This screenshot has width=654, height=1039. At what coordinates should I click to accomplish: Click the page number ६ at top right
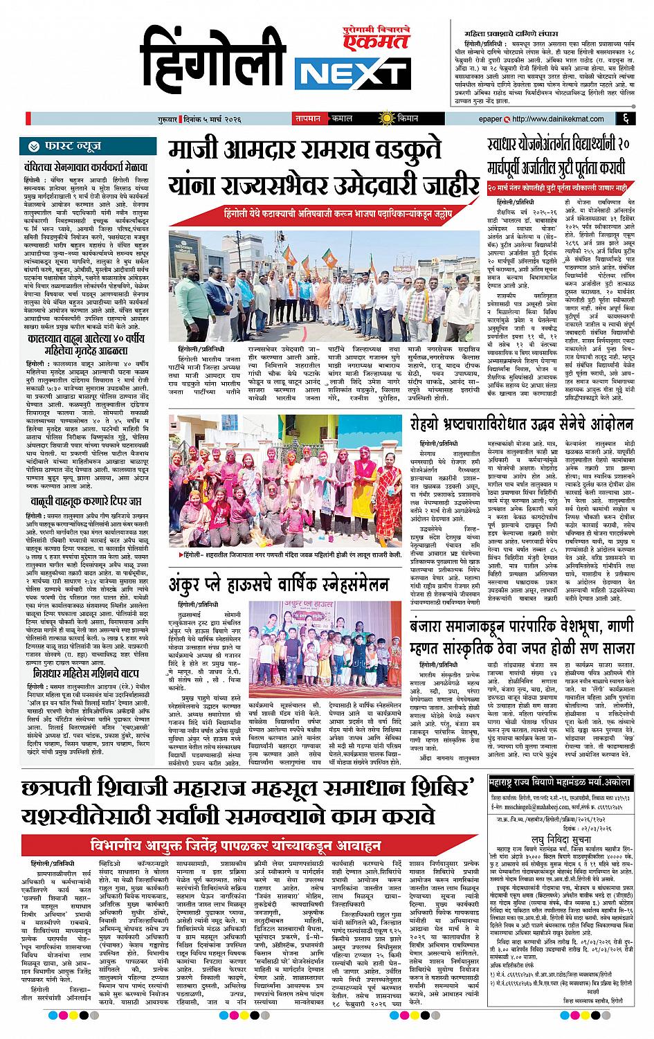(x=624, y=119)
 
